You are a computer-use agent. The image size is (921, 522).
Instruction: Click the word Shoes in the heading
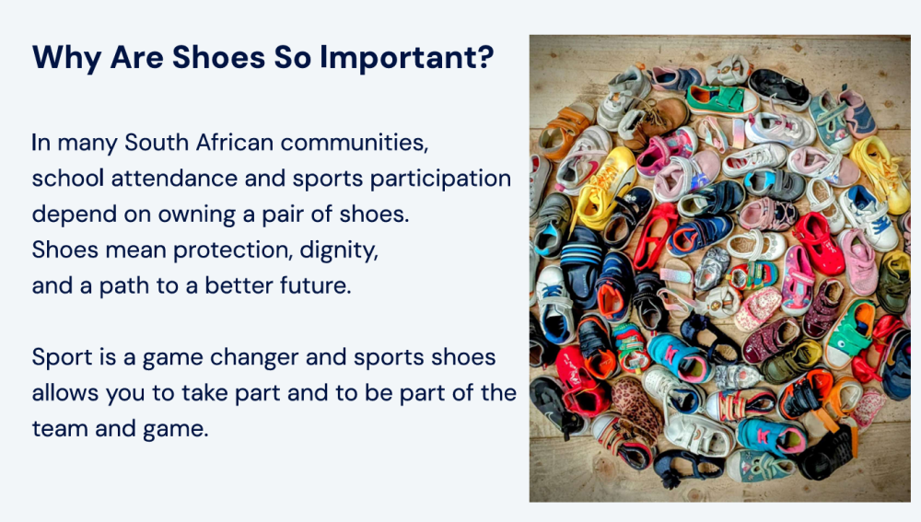(x=218, y=57)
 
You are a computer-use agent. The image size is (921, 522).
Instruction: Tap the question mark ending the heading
(x=485, y=57)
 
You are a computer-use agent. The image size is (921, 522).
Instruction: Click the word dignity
(x=339, y=250)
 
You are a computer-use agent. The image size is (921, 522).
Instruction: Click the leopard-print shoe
(x=636, y=411)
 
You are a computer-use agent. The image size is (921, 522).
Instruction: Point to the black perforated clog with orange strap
(x=830, y=452)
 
